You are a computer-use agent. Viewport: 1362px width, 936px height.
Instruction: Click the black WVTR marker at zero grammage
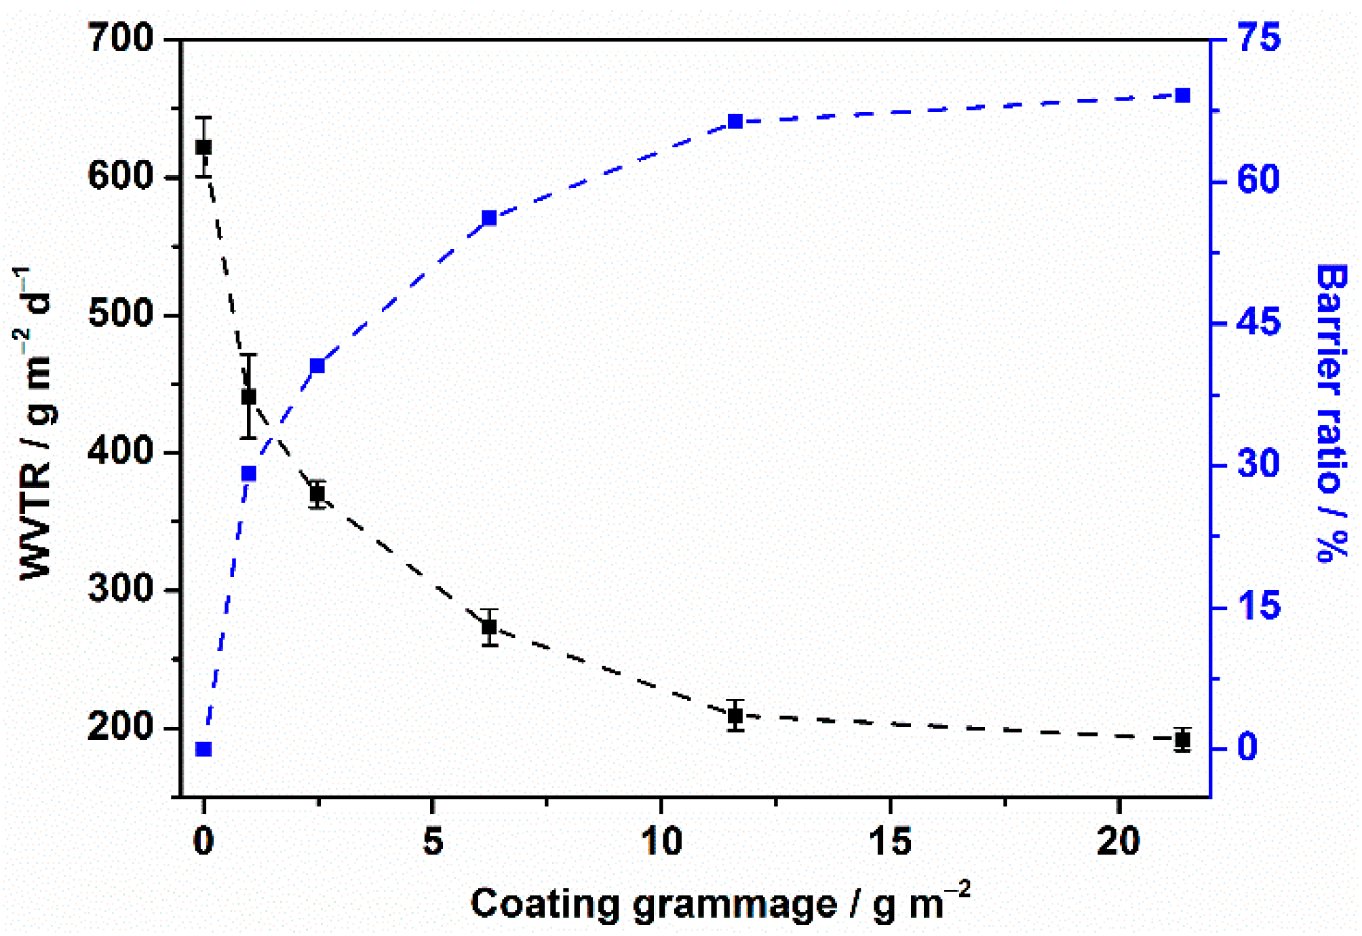203,147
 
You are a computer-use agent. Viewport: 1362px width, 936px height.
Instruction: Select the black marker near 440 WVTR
249,396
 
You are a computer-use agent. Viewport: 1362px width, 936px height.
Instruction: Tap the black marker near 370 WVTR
317,493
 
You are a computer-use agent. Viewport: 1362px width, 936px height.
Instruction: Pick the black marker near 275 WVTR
489,626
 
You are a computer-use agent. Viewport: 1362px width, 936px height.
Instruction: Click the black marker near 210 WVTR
735,715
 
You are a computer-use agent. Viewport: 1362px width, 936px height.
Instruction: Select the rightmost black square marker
1182,740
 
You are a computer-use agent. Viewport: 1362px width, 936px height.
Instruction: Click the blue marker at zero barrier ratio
203,749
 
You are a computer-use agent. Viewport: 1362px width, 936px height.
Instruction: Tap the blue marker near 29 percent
249,474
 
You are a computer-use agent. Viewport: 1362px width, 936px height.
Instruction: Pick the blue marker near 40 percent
317,367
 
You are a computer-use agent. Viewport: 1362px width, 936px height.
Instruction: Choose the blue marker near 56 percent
489,219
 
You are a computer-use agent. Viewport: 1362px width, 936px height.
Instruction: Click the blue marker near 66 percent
735,122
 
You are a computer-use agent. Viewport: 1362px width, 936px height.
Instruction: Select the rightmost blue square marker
1182,96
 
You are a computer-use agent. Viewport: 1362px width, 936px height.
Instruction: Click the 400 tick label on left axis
121,451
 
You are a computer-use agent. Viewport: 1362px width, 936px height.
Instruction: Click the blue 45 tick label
1259,322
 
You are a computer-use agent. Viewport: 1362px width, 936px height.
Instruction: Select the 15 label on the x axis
890,842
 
